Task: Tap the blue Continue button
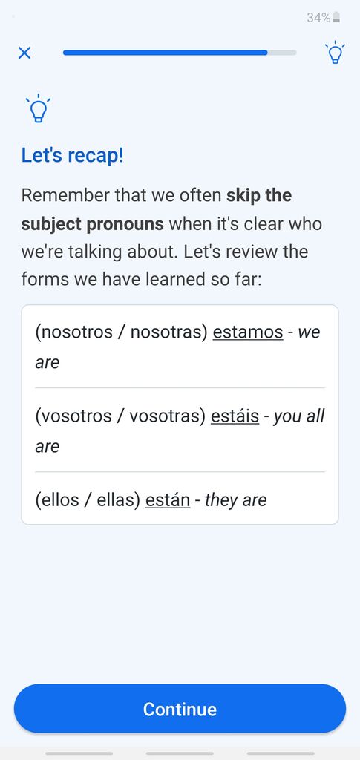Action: [180, 709]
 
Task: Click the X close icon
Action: [24, 53]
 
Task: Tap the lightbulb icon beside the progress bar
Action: [335, 53]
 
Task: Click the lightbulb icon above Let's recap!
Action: [39, 108]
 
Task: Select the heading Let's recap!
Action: [73, 156]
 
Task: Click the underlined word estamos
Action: [248, 332]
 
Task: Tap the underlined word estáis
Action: [235, 416]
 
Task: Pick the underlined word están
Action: [168, 499]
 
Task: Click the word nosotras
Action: [169, 332]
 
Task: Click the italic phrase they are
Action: [236, 500]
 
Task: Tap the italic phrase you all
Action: [299, 416]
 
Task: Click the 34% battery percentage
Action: [318, 18]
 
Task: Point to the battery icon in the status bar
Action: [336, 18]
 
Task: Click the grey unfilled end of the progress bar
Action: [282, 53]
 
